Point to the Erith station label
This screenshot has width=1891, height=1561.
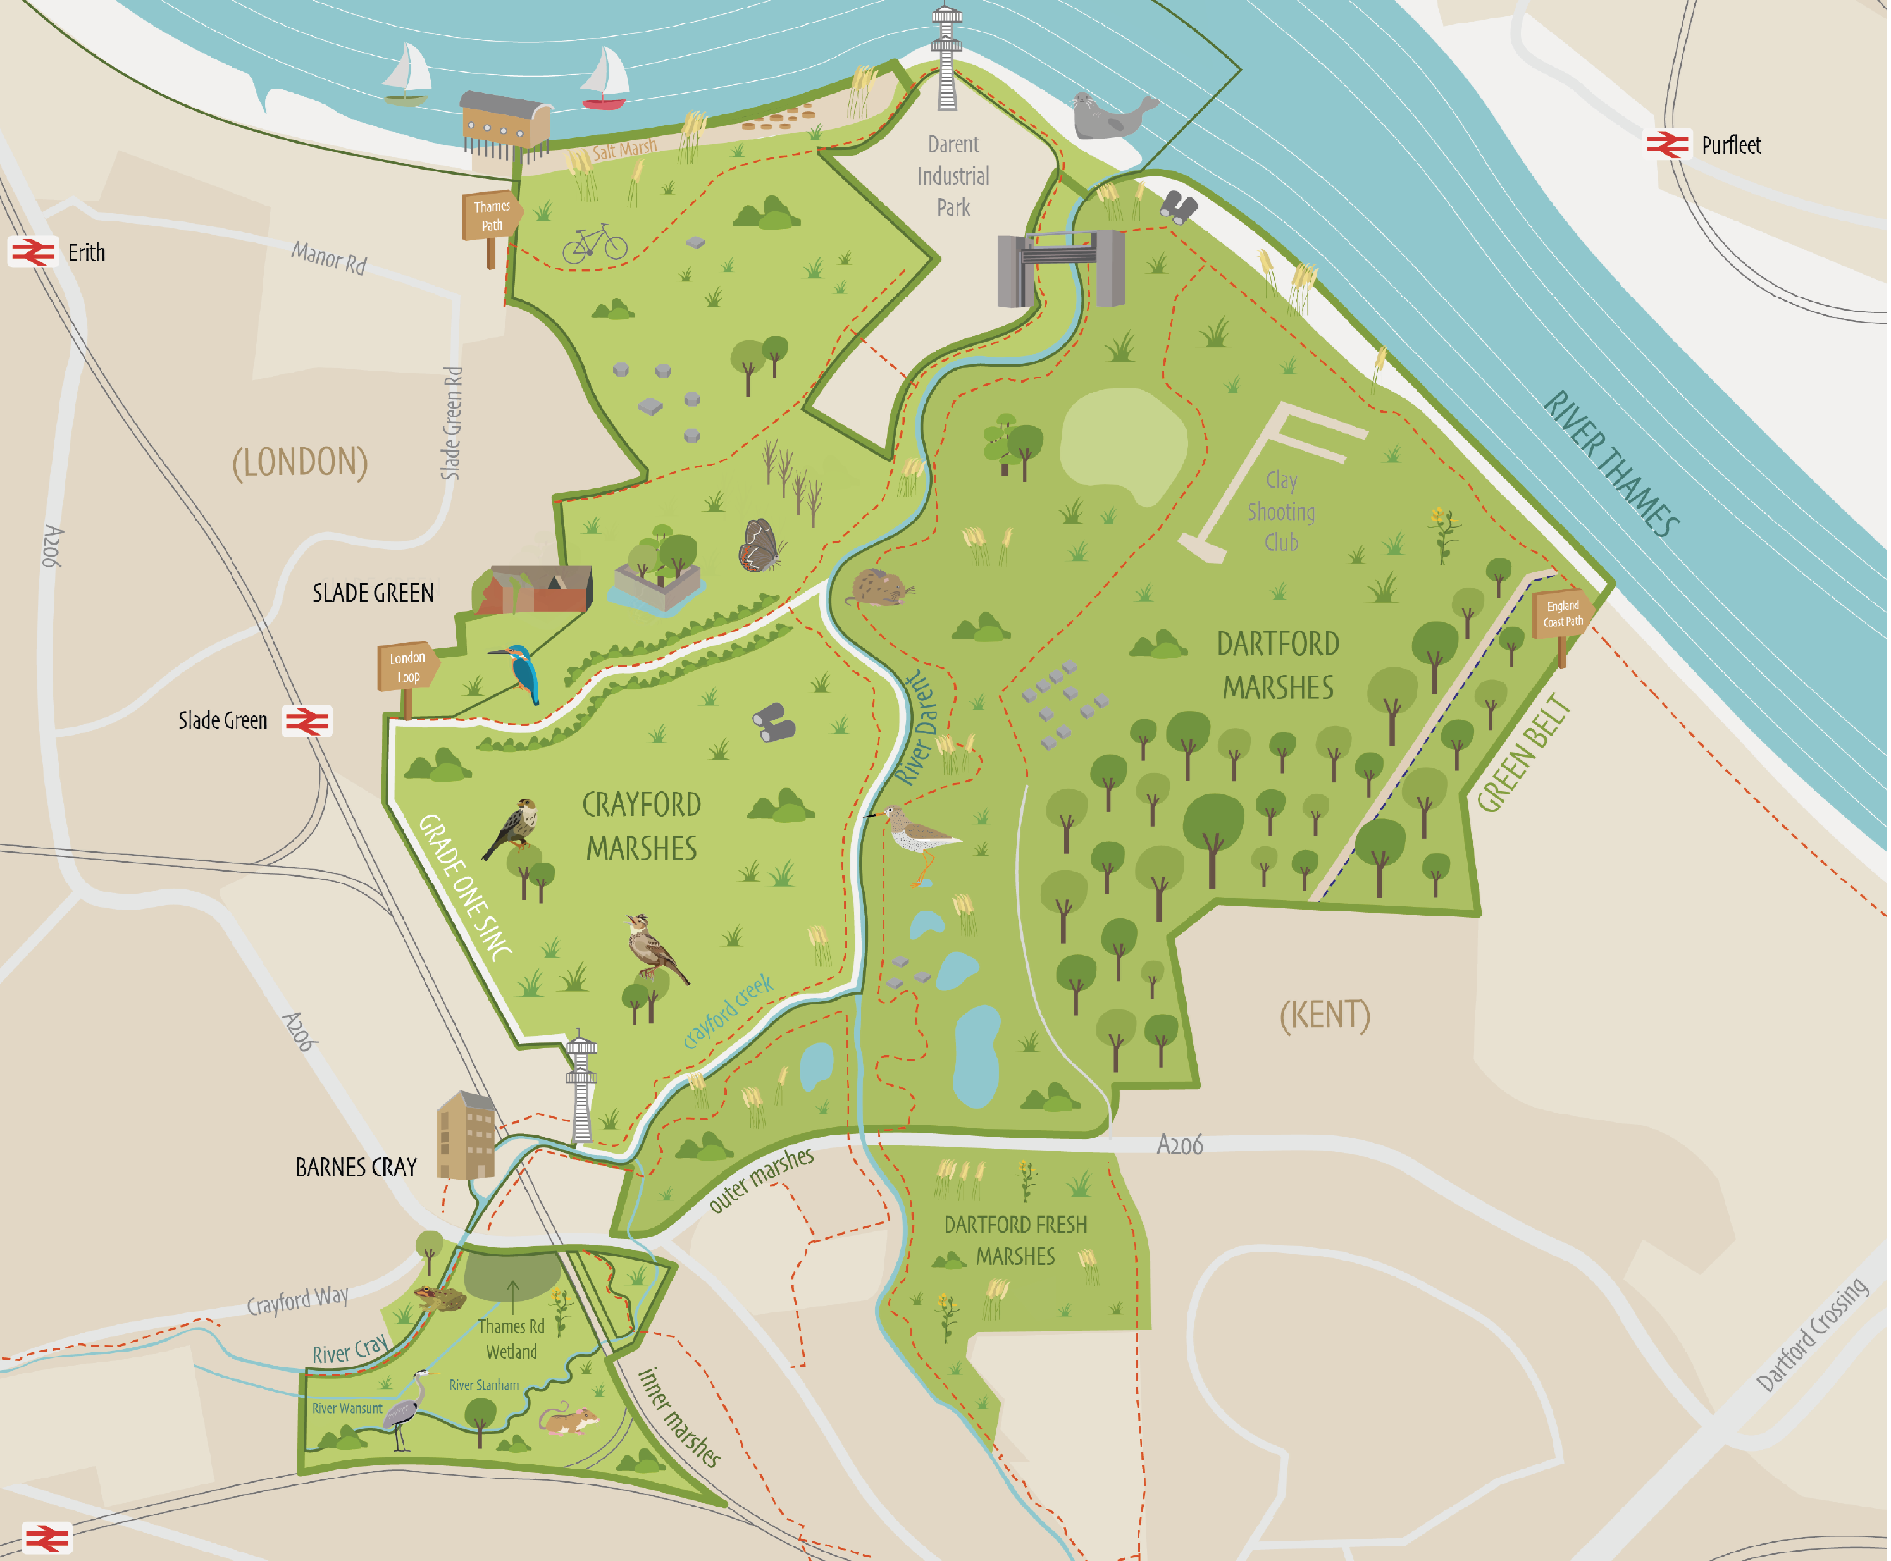click(x=86, y=252)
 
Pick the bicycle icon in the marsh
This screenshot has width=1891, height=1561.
click(x=594, y=243)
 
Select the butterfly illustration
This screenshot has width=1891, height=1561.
click(x=760, y=546)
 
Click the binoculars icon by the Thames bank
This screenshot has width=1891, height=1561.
click(x=1178, y=207)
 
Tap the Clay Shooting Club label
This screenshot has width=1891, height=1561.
click(x=1281, y=512)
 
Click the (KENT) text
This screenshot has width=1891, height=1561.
click(x=1325, y=1015)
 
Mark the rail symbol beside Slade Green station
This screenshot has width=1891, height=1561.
click(x=307, y=721)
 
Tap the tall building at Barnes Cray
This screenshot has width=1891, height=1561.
click(x=466, y=1136)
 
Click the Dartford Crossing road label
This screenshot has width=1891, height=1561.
click(x=1811, y=1335)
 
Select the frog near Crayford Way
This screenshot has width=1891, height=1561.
click(x=440, y=1297)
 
